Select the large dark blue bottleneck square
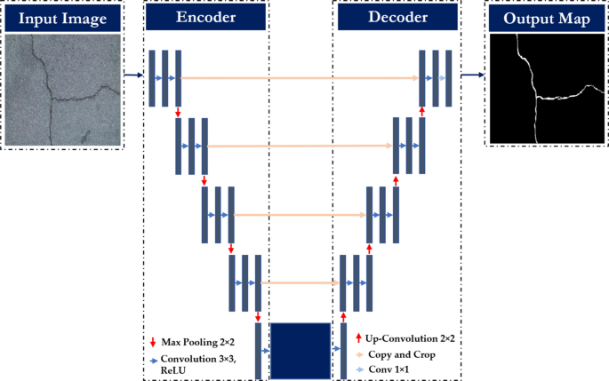(x=300, y=352)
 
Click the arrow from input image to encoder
(x=132, y=75)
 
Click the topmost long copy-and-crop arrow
(x=300, y=78)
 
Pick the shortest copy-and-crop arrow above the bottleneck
(x=300, y=283)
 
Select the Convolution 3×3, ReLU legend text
(x=197, y=364)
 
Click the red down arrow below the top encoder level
(x=179, y=112)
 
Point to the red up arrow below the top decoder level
(x=421, y=112)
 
